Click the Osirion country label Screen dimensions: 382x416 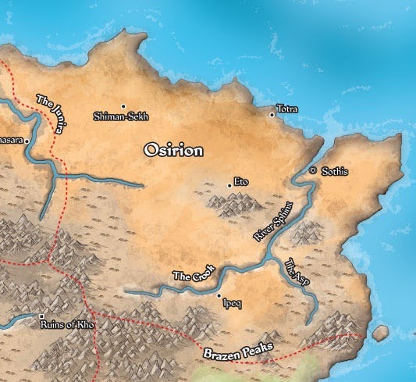173,151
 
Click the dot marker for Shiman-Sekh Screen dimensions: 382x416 123,105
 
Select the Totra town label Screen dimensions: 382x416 287,109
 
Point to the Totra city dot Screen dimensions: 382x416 272,115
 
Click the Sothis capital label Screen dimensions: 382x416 335,171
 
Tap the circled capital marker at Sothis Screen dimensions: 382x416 312,170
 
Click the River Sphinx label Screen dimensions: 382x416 273,220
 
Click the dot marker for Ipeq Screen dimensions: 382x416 219,296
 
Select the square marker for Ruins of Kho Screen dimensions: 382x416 41,317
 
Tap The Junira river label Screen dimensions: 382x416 51,112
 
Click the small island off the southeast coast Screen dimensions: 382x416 380,334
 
